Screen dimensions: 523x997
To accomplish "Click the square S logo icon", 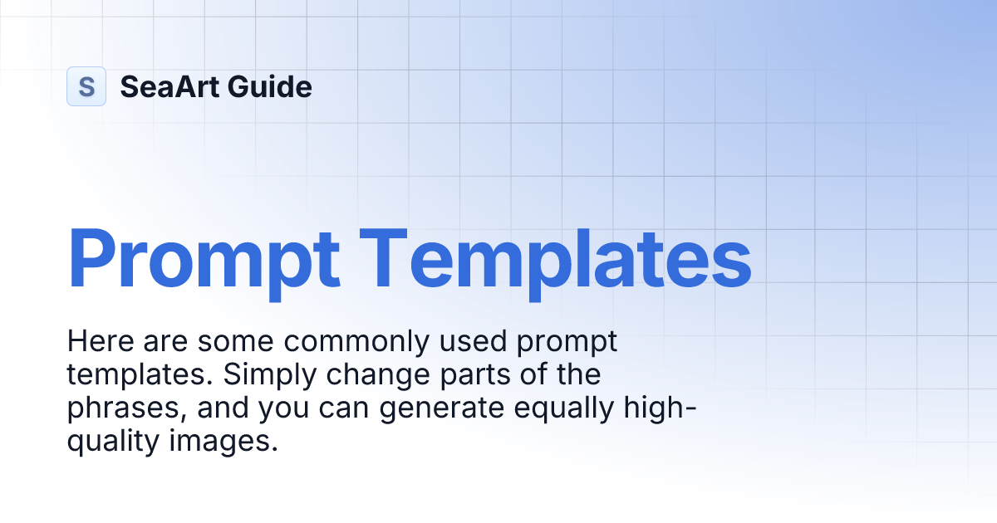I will click(86, 86).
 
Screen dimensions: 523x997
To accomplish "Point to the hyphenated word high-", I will click(664, 408).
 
